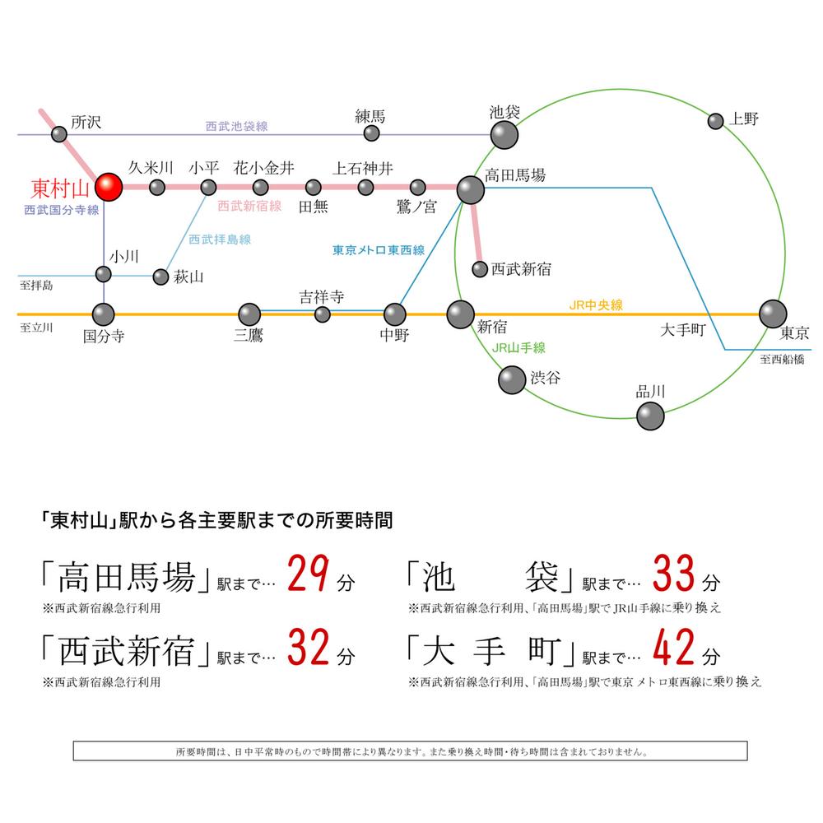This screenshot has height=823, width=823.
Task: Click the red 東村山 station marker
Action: coord(108,187)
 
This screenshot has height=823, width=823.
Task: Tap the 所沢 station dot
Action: coord(59,133)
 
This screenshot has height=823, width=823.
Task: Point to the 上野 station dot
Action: coord(716,121)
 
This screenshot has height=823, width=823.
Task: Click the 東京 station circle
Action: coord(772,314)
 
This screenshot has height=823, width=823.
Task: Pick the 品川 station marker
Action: coord(650,416)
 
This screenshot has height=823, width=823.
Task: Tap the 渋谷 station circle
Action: coord(511,379)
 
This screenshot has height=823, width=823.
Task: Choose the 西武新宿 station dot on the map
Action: coord(480,268)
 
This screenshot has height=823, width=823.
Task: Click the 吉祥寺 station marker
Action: coord(323,314)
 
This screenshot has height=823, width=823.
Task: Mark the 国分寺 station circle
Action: coord(104,314)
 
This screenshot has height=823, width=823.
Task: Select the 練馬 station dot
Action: coord(372,133)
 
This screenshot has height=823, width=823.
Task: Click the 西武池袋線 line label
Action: coord(237,127)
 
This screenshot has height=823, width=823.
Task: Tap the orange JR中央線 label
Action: coord(596,305)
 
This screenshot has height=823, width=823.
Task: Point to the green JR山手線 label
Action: coord(518,348)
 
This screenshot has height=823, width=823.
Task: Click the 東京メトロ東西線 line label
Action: coord(379,250)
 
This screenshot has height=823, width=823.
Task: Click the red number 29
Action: coord(309,575)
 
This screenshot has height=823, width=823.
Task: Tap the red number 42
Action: coord(674,650)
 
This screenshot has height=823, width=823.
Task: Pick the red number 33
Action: coord(674,575)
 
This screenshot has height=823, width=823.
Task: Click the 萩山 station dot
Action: coord(161,277)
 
